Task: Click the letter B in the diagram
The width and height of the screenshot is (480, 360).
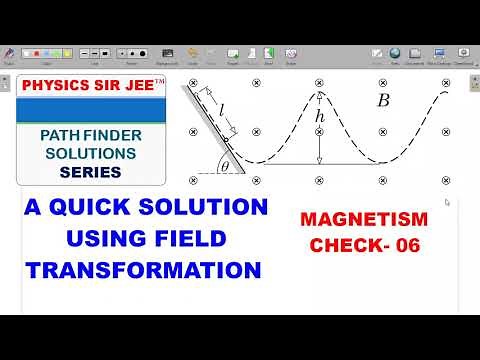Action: [x=383, y=100]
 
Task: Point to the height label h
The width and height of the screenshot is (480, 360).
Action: [x=320, y=118]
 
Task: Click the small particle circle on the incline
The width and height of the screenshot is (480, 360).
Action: [x=226, y=139]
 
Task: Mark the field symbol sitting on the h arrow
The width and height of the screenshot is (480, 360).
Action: [x=319, y=131]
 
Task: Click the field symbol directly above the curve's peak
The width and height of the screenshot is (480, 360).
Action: [x=319, y=81]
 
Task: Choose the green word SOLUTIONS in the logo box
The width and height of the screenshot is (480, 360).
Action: [x=83, y=154]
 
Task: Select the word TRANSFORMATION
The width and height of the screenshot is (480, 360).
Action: [x=144, y=269]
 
